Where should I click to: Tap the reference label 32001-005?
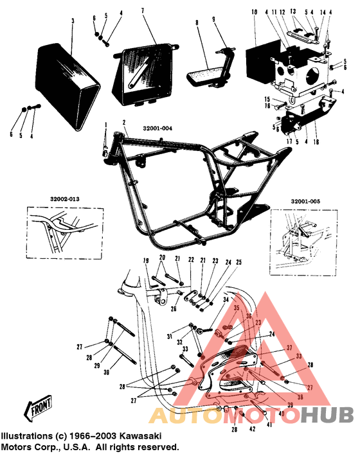click(x=306, y=200)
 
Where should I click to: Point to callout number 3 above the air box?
click(x=73, y=21)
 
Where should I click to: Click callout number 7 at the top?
click(x=143, y=11)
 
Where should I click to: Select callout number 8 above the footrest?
click(x=197, y=22)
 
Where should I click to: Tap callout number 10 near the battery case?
click(x=254, y=12)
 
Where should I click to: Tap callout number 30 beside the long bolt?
click(x=106, y=371)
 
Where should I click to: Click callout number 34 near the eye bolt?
click(x=226, y=300)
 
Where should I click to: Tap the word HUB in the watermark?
click(x=327, y=416)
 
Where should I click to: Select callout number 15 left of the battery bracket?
click(x=267, y=98)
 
